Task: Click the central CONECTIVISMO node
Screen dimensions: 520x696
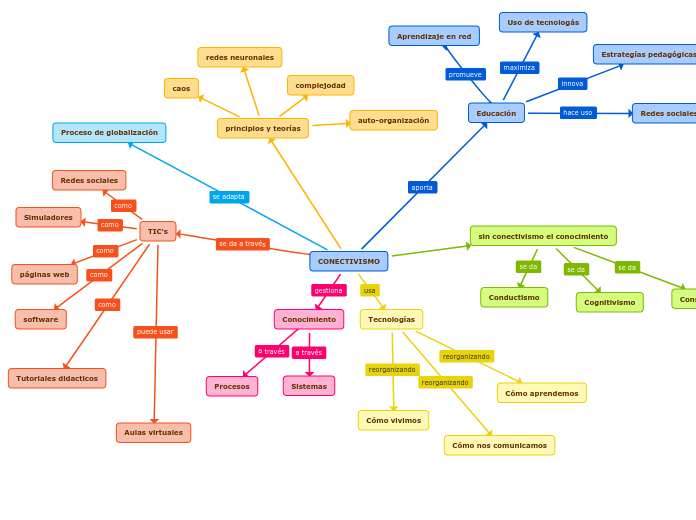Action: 349,261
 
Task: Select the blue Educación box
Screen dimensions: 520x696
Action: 496,113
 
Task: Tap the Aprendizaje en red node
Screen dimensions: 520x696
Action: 434,36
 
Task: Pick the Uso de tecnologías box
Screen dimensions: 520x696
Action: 543,22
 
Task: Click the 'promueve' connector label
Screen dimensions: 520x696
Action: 465,74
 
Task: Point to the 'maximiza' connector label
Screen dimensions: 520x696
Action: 519,68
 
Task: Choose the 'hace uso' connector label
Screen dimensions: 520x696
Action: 578,113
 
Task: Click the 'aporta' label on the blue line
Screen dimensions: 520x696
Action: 422,187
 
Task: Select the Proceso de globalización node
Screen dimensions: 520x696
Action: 109,132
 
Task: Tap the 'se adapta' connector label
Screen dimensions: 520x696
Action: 229,197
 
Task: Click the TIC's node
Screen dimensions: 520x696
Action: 158,231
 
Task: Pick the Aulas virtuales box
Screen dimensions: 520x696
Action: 153,432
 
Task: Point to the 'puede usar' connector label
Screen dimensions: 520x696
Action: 155,332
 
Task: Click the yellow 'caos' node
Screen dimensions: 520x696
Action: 181,88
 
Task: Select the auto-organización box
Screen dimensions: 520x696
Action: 393,120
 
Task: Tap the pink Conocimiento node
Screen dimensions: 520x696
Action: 309,319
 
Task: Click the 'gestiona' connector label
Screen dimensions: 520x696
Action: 329,290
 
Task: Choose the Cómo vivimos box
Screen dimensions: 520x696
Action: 393,420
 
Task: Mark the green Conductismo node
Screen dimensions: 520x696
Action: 514,297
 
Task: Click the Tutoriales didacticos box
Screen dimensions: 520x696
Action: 57,378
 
